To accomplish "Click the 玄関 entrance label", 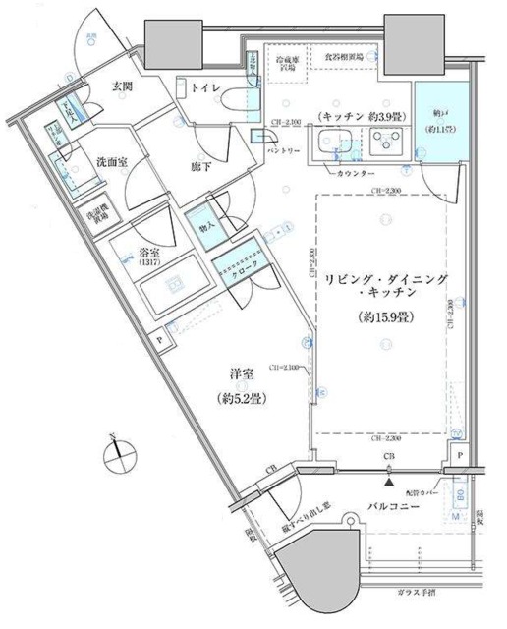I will [108, 85].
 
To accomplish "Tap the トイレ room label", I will [204, 87].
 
